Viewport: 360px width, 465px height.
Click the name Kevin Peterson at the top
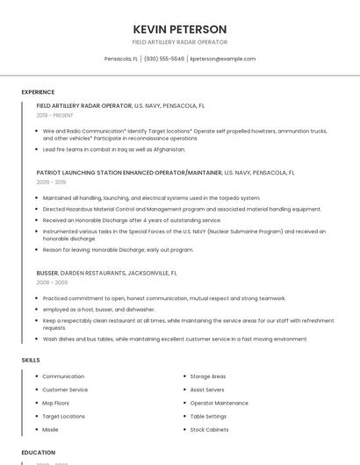point(179,29)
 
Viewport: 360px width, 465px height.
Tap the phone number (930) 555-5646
point(164,59)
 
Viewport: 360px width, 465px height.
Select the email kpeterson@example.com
point(223,59)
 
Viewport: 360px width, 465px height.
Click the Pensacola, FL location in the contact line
point(121,59)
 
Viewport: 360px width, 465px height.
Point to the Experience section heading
point(38,92)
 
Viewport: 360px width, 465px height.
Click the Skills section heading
point(31,360)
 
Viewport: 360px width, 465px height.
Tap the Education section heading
point(38,453)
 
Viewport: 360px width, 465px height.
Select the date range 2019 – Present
point(55,115)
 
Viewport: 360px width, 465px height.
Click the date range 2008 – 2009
point(52,283)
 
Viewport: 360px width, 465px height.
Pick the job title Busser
point(47,273)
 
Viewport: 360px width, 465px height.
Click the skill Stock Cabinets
point(209,430)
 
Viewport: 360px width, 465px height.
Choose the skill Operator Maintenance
point(219,403)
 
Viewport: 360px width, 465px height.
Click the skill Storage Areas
point(208,376)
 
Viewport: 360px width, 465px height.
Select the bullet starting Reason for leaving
point(118,249)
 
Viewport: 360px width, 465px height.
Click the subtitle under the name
point(179,42)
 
